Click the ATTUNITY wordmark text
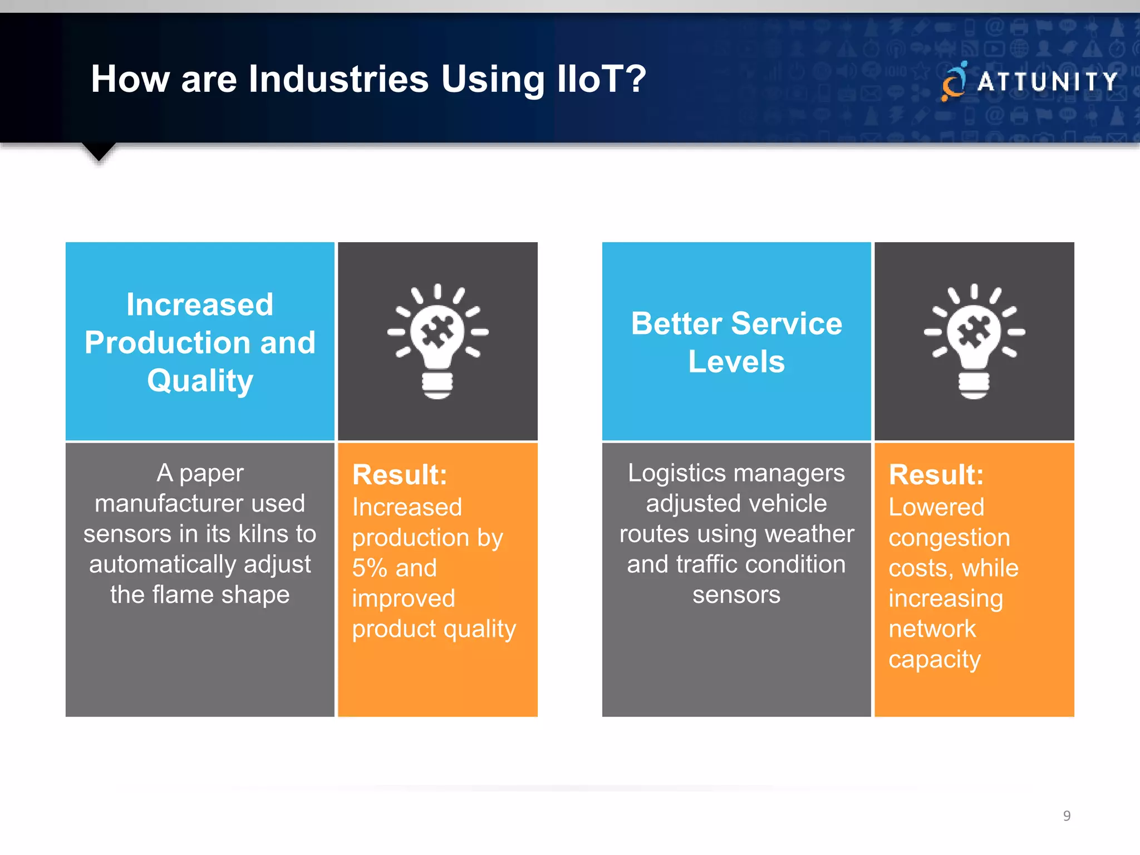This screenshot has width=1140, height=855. coord(1048,82)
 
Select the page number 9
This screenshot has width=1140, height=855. coord(1067,816)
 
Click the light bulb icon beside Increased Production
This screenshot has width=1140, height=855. coord(438,341)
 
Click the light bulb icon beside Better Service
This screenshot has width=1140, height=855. coord(974,341)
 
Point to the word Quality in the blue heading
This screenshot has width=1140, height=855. coord(200,381)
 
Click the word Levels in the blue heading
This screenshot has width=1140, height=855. coord(736,362)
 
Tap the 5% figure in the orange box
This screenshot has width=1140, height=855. coord(370,568)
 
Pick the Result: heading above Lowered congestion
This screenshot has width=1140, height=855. coord(936,475)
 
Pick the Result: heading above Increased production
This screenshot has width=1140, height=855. coord(400,475)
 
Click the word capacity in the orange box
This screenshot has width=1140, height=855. coord(934,660)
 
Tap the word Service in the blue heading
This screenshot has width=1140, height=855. coord(786,323)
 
